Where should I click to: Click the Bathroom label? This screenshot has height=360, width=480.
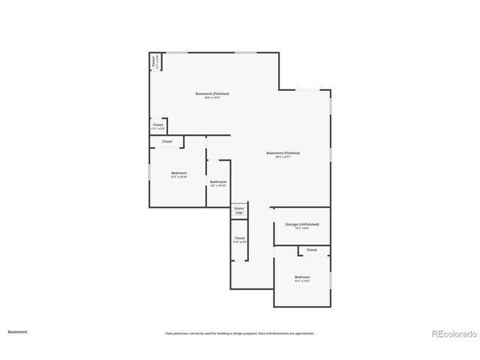(x=218, y=181)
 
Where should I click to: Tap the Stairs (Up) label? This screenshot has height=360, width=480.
(x=239, y=211)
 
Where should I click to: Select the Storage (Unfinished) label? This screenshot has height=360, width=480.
(x=302, y=224)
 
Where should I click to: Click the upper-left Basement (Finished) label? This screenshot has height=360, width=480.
(x=212, y=94)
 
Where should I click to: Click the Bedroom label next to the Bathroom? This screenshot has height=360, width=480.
(x=178, y=173)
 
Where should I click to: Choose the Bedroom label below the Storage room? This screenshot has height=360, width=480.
(x=302, y=277)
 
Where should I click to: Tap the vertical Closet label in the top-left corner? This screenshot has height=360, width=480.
(x=154, y=61)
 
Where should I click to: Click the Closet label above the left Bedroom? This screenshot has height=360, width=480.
(x=166, y=141)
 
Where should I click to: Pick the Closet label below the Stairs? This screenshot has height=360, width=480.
(x=239, y=238)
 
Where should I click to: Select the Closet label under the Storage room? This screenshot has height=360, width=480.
(x=311, y=250)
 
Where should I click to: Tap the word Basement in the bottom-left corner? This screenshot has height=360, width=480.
(x=18, y=331)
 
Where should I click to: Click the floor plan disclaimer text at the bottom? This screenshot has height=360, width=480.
(x=240, y=333)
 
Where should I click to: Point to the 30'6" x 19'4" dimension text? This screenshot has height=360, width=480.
(x=212, y=98)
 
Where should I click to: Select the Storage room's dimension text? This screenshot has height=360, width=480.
(x=302, y=229)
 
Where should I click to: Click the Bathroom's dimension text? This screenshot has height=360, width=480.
(x=218, y=186)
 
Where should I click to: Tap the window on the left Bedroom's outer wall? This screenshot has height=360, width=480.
(x=148, y=172)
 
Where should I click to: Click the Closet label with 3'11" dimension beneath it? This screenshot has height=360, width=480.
(x=158, y=124)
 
